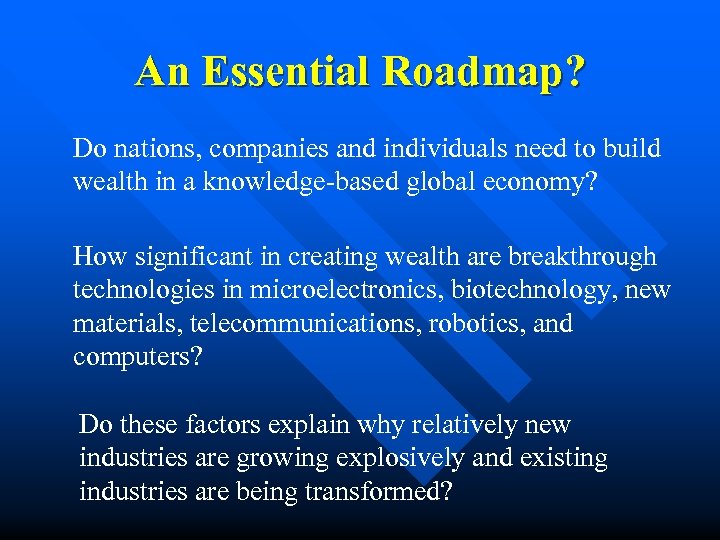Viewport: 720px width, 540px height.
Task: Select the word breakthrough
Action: tap(582, 257)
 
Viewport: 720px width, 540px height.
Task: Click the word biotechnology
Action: tap(529, 291)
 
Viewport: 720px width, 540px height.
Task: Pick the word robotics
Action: tap(475, 325)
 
